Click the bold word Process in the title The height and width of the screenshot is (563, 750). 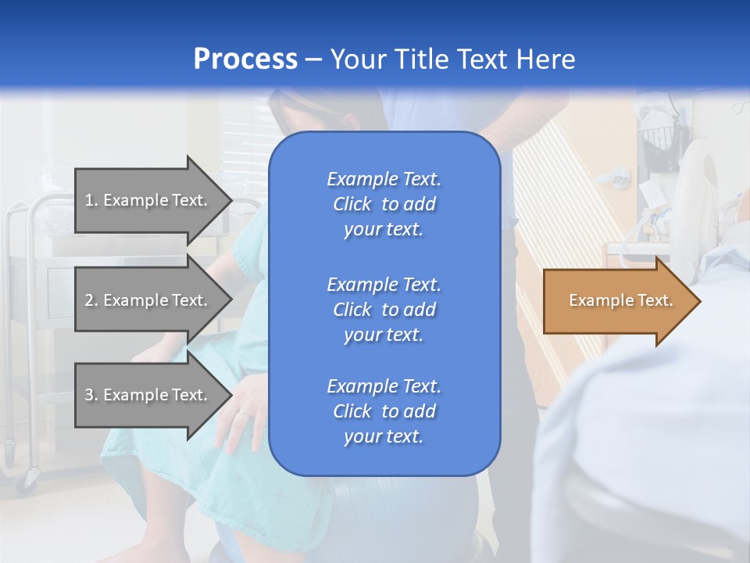coord(245,59)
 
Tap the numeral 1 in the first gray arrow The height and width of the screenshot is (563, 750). coord(89,200)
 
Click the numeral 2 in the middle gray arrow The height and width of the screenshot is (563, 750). coord(89,300)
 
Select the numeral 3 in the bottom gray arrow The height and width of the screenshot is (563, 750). coord(89,395)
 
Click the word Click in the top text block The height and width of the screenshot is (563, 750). coord(352,204)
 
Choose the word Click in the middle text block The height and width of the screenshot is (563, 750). coord(352,310)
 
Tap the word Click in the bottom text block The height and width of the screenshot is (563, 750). coord(352,411)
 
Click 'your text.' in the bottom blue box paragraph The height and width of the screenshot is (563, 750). coord(384,436)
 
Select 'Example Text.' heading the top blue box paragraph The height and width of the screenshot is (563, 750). coord(384,179)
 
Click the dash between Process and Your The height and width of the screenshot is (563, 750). coord(313,60)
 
